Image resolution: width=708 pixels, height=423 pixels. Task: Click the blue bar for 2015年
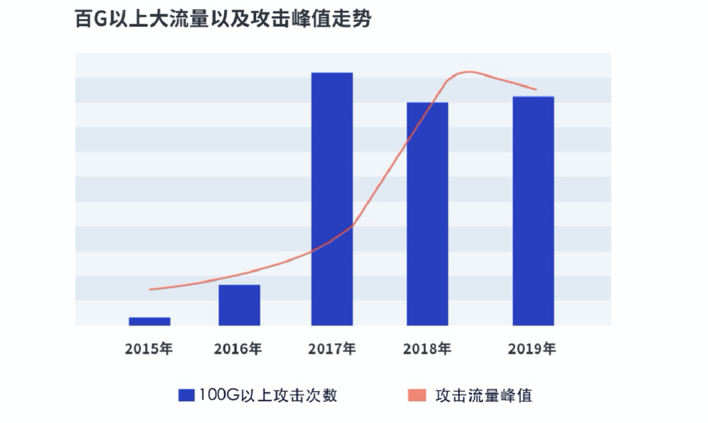pyautogui.click(x=149, y=321)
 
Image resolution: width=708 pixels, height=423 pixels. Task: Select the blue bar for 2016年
pyautogui.click(x=239, y=305)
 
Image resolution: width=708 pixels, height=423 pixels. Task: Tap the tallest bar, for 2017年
pyautogui.click(x=332, y=199)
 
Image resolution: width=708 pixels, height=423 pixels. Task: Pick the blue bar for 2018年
pyautogui.click(x=427, y=214)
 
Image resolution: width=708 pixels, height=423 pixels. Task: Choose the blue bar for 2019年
pyautogui.click(x=533, y=211)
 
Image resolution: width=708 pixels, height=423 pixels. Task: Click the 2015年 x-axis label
pyautogui.click(x=149, y=349)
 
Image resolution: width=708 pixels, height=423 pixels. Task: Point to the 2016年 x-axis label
pyautogui.click(x=238, y=349)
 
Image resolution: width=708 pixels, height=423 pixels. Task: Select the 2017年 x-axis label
pyautogui.click(x=332, y=349)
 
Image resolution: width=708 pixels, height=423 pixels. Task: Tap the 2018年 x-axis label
pyautogui.click(x=427, y=349)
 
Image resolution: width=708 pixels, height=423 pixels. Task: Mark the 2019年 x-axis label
pyautogui.click(x=532, y=349)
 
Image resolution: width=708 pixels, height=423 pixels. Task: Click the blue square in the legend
pyautogui.click(x=186, y=395)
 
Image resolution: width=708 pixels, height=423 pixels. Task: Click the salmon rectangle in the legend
pyautogui.click(x=416, y=395)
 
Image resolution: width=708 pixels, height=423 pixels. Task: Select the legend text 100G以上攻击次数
pyautogui.click(x=267, y=395)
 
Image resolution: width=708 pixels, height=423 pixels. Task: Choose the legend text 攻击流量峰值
pyautogui.click(x=483, y=395)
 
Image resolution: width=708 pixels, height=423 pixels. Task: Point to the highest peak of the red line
pyautogui.click(x=470, y=72)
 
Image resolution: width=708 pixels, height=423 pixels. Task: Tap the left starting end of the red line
pyautogui.click(x=150, y=289)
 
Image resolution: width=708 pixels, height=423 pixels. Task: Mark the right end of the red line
pyautogui.click(x=536, y=89)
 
